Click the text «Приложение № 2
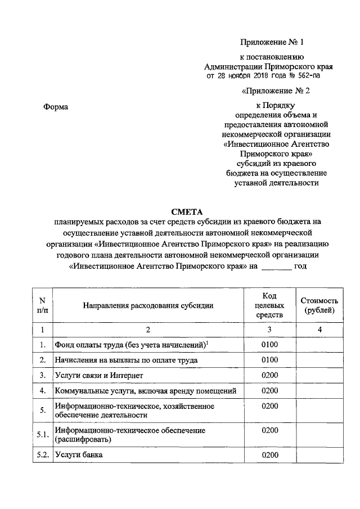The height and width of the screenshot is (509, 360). click(276, 90)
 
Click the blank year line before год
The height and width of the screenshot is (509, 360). click(277, 267)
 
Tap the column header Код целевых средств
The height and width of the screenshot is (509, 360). click(269, 305)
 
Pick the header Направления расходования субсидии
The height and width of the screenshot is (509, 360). click(148, 305)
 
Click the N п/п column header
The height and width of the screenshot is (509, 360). click(42, 305)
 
